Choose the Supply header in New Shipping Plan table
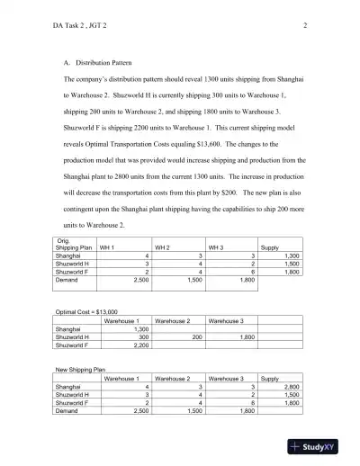269,378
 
